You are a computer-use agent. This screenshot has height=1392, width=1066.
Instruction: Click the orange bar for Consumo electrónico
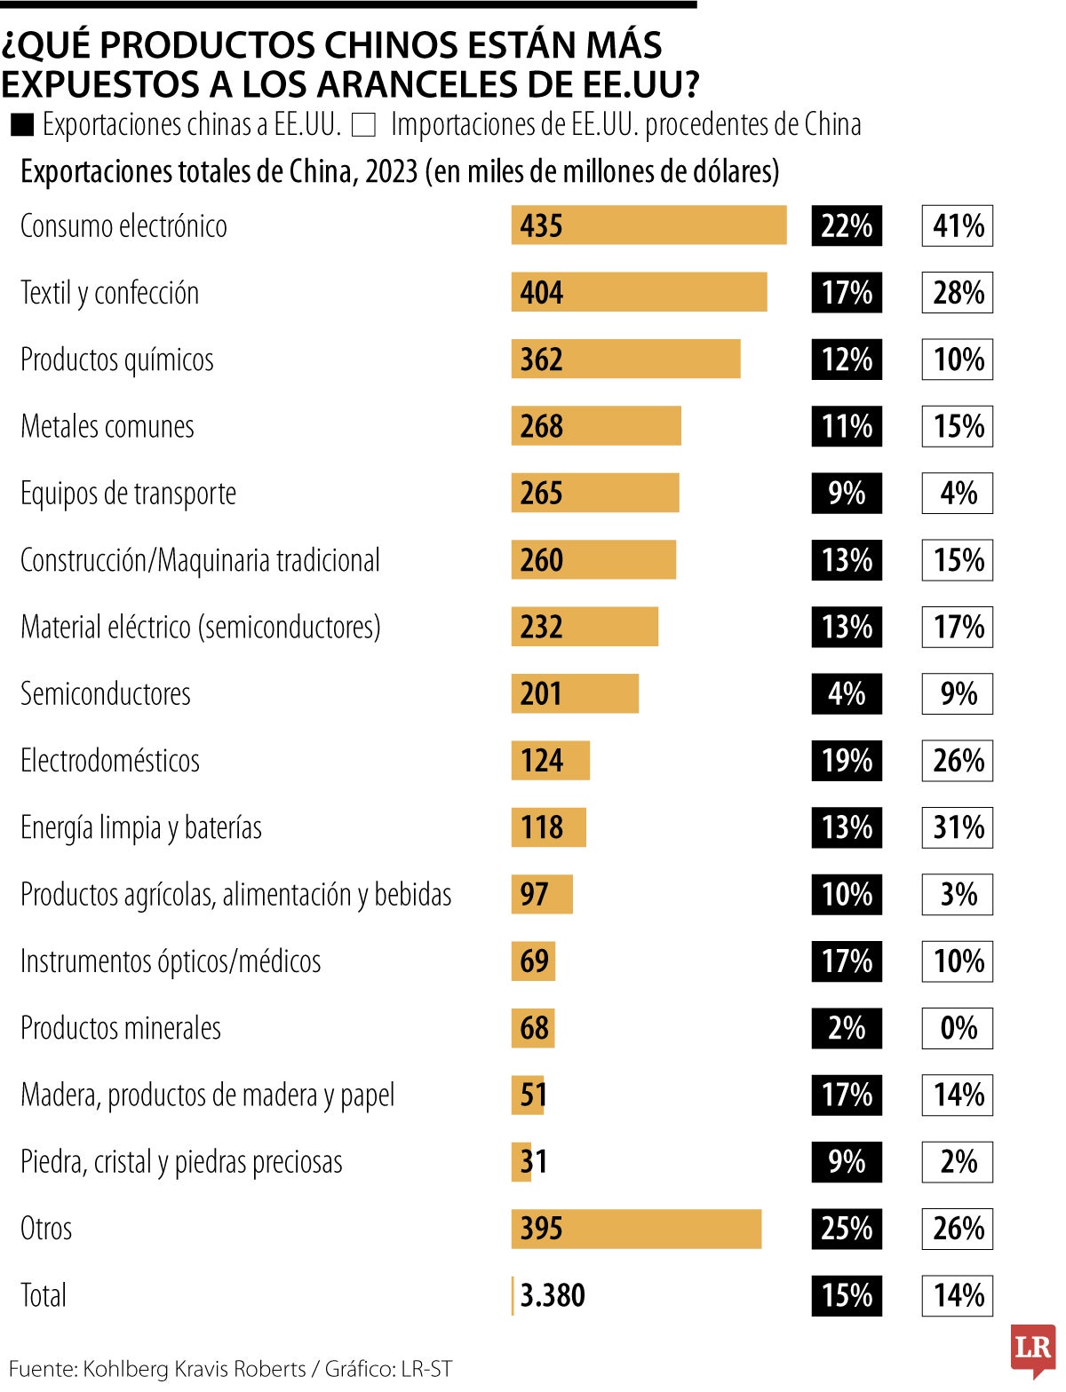pyautogui.click(x=648, y=225)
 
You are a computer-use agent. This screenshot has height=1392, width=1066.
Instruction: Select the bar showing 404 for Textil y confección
pyautogui.click(x=639, y=292)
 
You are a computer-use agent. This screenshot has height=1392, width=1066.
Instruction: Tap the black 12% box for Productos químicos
pyautogui.click(x=847, y=360)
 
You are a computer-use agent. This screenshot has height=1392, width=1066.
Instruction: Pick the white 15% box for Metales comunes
pyautogui.click(x=958, y=426)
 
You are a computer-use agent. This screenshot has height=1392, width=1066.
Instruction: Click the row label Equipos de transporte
pyautogui.click(x=129, y=494)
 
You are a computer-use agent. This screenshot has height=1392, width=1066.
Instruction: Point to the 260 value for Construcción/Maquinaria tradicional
pyautogui.click(x=542, y=560)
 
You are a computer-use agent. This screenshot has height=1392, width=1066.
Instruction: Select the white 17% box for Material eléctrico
pyautogui.click(x=958, y=627)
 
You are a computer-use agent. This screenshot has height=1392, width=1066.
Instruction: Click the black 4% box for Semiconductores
pyautogui.click(x=847, y=693)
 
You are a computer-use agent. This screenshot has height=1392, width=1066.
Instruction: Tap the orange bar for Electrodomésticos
pyautogui.click(x=551, y=761)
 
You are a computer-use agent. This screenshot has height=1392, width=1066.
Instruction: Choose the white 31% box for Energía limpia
pyautogui.click(x=958, y=827)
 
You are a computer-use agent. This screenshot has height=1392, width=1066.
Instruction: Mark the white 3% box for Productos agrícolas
pyautogui.click(x=958, y=894)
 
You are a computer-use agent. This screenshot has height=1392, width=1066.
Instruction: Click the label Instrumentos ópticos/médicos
pyautogui.click(x=171, y=961)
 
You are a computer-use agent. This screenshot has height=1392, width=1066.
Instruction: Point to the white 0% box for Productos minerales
pyautogui.click(x=958, y=1028)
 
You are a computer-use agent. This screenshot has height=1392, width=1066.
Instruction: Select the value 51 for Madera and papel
pyautogui.click(x=533, y=1095)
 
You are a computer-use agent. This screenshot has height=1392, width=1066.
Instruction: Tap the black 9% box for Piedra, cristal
pyautogui.click(x=847, y=1161)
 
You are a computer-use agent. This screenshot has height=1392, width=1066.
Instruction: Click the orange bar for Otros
pyautogui.click(x=636, y=1229)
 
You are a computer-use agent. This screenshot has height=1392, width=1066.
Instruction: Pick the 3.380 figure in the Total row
pyautogui.click(x=553, y=1295)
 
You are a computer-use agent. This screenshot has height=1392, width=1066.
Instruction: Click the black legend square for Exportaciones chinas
pyautogui.click(x=22, y=125)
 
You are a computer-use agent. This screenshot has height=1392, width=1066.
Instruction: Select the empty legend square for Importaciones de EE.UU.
pyautogui.click(x=363, y=125)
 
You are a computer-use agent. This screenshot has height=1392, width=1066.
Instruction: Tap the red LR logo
pyautogui.click(x=1033, y=1348)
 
